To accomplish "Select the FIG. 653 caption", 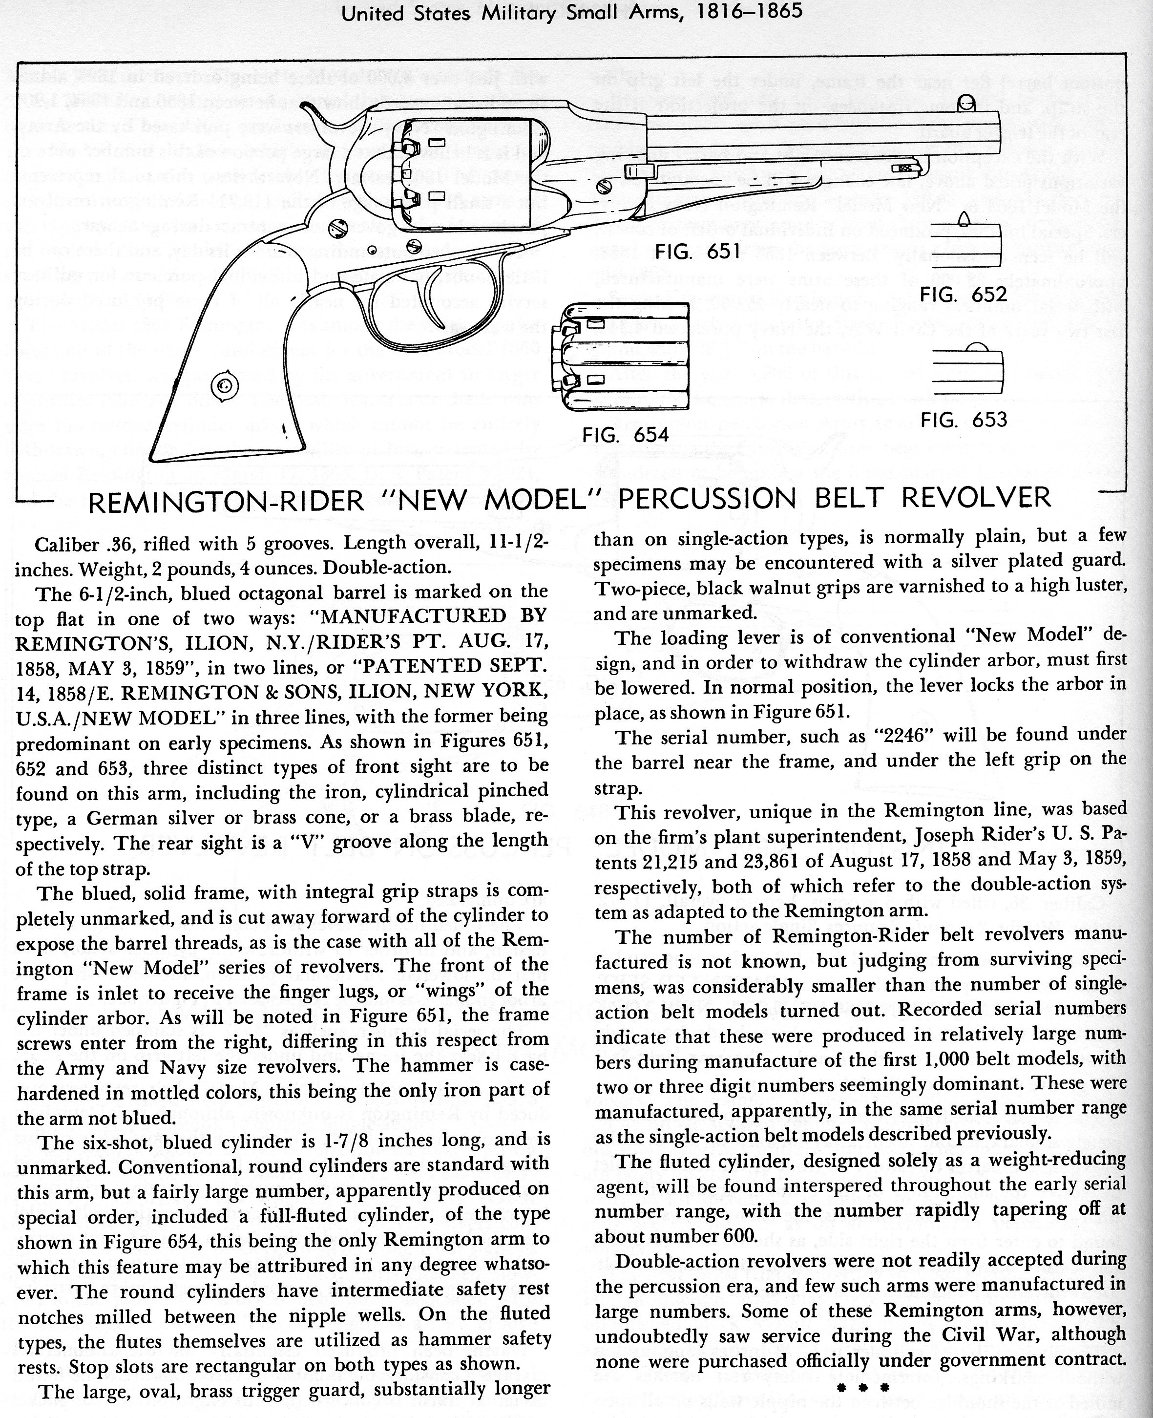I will click(x=963, y=420).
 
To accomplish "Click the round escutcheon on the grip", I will click(x=223, y=385).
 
